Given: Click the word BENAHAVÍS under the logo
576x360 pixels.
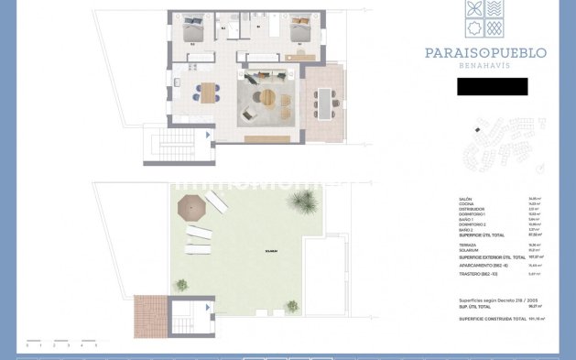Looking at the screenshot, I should point(485,67).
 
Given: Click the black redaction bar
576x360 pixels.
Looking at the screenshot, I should point(492,87).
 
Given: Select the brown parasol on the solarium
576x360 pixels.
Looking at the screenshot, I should point(192,207).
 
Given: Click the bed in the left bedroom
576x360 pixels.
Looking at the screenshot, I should point(193,27).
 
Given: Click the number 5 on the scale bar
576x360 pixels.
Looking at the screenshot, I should point(95,345).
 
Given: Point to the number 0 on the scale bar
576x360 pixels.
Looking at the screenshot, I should point(27,345).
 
